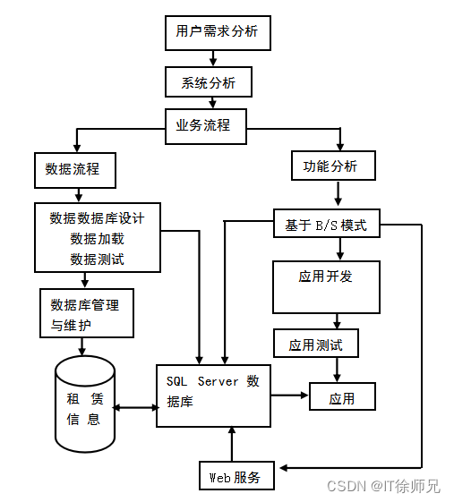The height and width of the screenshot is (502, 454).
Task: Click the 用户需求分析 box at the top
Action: pos(217,33)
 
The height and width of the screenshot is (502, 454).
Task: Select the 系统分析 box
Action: pos(209,82)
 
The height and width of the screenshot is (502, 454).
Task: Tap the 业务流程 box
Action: pos(205,125)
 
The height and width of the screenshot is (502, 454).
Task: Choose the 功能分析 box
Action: pos(333,166)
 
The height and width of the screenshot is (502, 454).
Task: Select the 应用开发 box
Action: pos(326,285)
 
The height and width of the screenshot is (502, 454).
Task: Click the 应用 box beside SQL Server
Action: pos(342,396)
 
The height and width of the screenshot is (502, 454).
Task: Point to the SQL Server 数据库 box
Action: pos(213,395)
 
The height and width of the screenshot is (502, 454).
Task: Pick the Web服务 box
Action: pos(236,476)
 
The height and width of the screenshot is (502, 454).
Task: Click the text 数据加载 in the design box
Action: pos(97,239)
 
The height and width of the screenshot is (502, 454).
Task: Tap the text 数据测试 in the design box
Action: pos(97,260)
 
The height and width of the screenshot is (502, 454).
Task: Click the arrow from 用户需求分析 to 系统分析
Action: pos(213,58)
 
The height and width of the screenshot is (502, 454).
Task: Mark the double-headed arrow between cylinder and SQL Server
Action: pos(135,409)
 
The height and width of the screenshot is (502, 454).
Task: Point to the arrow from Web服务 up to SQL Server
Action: pos(232,444)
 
